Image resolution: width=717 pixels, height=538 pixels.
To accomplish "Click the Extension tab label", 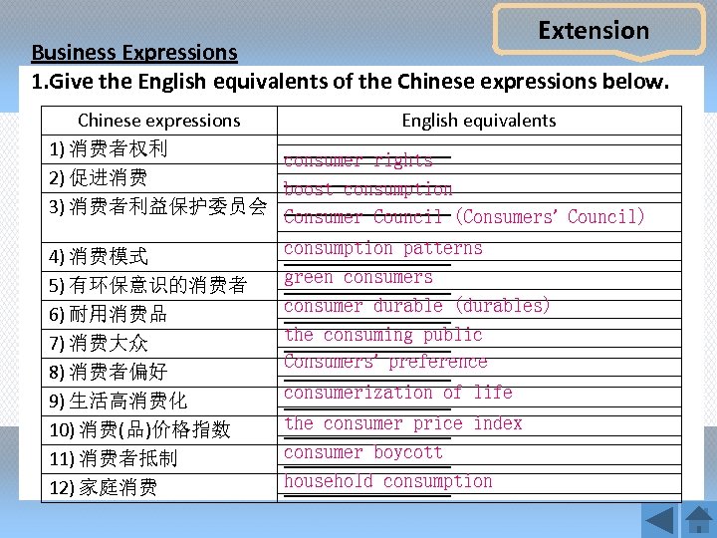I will (x=594, y=31).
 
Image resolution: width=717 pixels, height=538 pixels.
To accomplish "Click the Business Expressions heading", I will (x=134, y=52).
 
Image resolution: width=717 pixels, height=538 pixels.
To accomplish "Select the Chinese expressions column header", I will (x=158, y=121).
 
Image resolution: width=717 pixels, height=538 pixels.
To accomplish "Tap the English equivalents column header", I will (x=479, y=121).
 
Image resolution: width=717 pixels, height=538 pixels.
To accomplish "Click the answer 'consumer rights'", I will (x=358, y=159).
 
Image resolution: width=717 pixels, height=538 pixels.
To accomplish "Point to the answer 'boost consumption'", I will (x=367, y=188).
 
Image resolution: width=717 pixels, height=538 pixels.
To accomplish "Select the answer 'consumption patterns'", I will (x=382, y=248).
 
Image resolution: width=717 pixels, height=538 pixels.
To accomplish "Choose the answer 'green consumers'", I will (x=358, y=277).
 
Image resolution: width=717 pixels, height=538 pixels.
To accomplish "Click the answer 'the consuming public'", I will (x=382, y=335).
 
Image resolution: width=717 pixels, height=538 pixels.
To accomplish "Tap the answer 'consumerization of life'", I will (x=397, y=393).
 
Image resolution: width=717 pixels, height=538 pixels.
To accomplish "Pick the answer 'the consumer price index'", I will (x=402, y=423).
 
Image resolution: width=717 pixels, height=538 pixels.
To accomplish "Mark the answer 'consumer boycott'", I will (x=362, y=452).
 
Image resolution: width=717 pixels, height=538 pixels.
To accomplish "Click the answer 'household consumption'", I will (x=387, y=481).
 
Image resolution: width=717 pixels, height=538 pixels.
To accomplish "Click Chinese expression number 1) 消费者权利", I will (x=109, y=149).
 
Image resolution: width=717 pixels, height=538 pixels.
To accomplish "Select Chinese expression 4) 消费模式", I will (x=99, y=257).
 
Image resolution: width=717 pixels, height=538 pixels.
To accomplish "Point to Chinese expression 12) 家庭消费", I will (x=104, y=488).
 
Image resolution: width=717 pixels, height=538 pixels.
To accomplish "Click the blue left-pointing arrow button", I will (x=658, y=520).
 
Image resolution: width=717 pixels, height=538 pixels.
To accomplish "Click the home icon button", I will (x=699, y=520).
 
